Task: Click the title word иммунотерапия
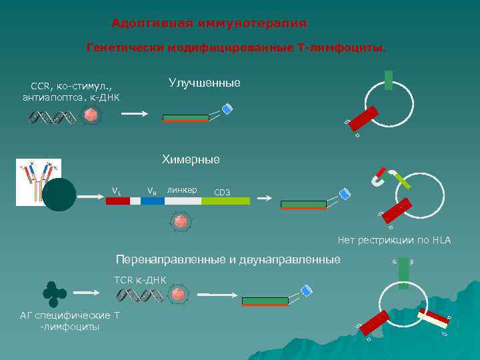coord(255,23)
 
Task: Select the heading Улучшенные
coord(205,82)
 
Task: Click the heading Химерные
coord(191,159)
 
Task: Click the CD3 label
coord(222,193)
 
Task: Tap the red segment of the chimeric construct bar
coord(118,201)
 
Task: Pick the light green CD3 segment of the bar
coord(225,201)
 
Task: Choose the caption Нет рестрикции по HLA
coord(394,240)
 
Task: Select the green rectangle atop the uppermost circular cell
coord(388,79)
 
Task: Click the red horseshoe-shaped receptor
coord(379,177)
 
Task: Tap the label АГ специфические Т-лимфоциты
coord(70,321)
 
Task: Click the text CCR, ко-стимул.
coord(71,86)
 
